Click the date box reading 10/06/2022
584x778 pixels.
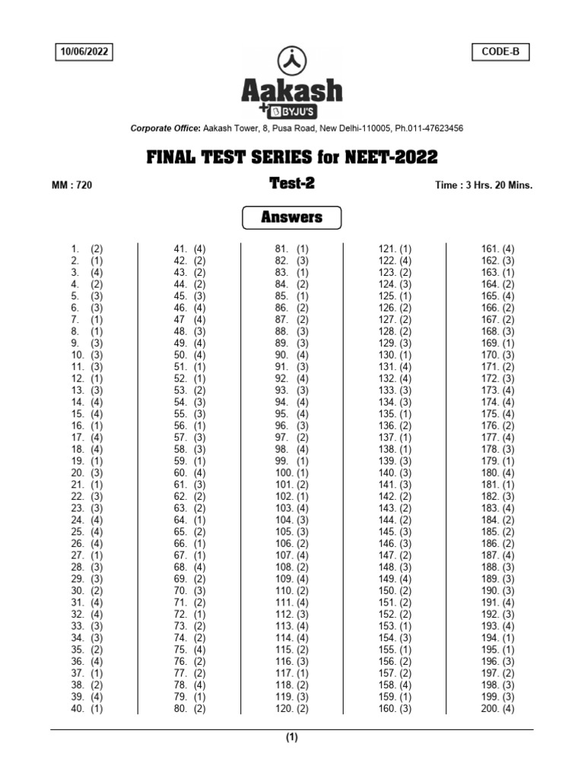coord(84,52)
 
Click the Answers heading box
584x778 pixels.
coord(292,218)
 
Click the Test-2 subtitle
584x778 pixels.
coord(292,183)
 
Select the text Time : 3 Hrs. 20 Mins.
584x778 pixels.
coord(484,185)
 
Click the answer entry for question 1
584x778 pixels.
coord(87,248)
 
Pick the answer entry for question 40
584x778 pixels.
coord(87,709)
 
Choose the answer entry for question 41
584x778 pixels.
coord(190,248)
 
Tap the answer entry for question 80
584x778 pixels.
coord(190,709)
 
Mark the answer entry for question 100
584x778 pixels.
coord(292,473)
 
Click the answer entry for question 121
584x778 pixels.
coord(395,248)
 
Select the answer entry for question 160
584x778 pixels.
coord(395,709)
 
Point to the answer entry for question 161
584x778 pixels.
coord(498,248)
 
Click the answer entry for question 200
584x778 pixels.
coord(498,709)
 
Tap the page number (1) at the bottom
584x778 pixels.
coord(292,737)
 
